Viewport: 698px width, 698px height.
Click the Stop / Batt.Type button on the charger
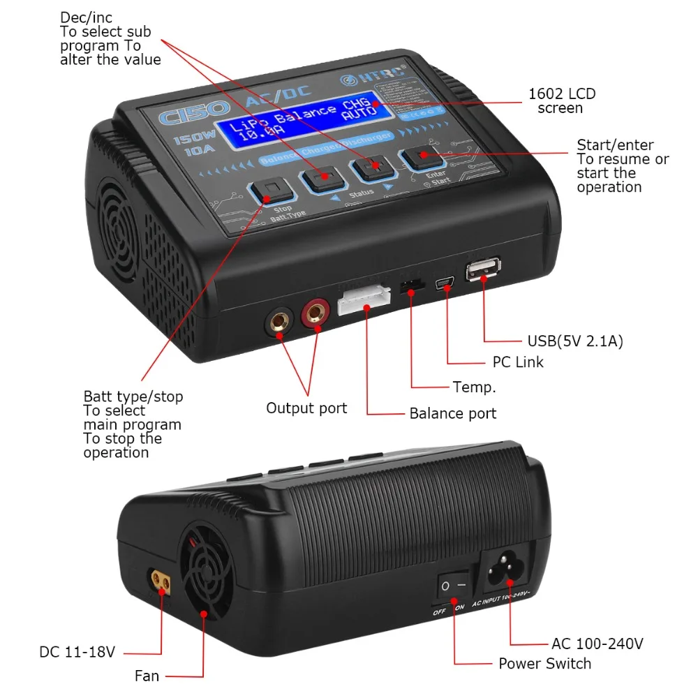(x=270, y=190)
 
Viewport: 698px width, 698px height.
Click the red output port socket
(x=315, y=315)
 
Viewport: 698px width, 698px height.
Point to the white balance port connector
(x=364, y=302)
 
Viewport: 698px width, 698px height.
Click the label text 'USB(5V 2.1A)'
(x=574, y=341)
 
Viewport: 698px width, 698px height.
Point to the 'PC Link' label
(x=513, y=362)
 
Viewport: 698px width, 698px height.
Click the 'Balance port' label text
(x=453, y=413)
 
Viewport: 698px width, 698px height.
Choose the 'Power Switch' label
(x=544, y=663)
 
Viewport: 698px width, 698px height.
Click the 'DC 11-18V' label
(x=77, y=653)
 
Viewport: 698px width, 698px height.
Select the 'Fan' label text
(x=147, y=676)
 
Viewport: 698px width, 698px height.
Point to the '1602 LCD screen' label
(x=562, y=101)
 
